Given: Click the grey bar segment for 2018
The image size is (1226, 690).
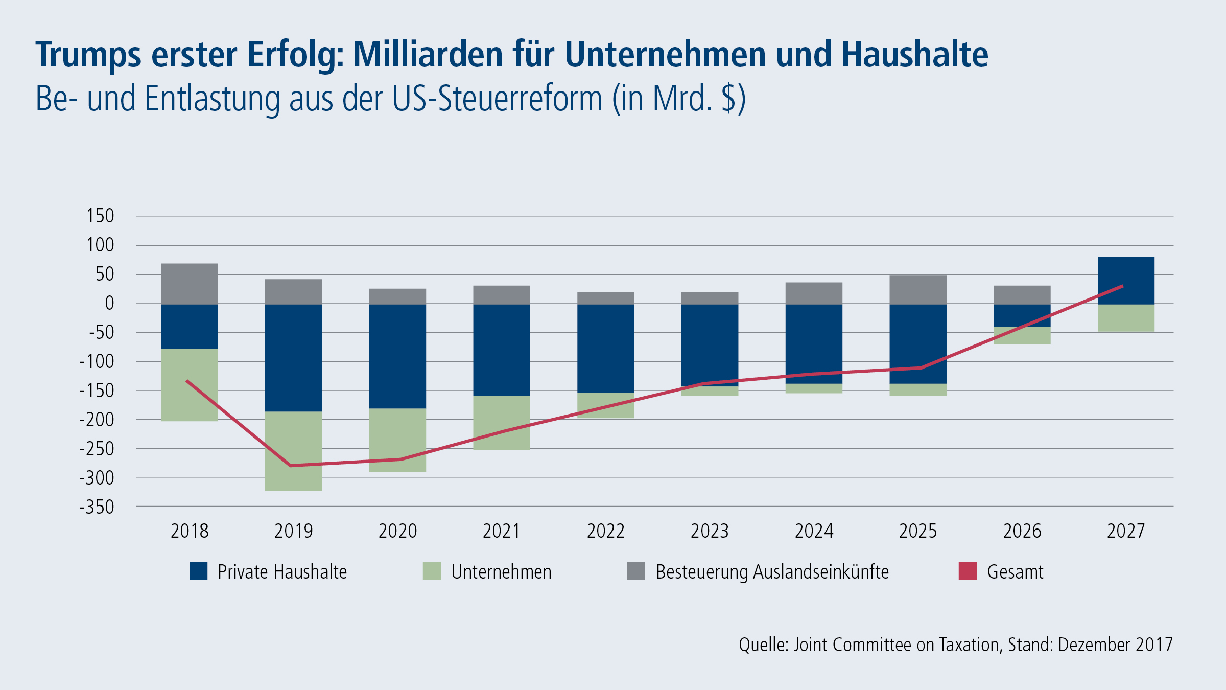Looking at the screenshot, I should (190, 284).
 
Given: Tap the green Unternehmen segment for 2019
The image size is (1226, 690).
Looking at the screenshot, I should (293, 451).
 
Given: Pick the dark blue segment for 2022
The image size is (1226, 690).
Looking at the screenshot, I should (606, 348).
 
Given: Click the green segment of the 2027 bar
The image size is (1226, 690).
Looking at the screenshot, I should (1126, 318).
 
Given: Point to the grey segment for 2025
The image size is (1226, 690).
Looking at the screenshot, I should (918, 290).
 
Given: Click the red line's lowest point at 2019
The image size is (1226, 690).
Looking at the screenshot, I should (291, 466).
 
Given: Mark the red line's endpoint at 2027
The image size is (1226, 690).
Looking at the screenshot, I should (1122, 286).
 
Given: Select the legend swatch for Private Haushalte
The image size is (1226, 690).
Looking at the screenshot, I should (198, 571).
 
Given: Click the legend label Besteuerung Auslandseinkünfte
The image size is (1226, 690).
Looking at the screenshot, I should (772, 572).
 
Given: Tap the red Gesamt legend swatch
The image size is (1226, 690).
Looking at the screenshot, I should (968, 571).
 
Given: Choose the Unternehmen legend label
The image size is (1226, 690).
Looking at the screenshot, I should (501, 572).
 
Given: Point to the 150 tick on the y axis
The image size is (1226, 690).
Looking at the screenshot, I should (101, 216).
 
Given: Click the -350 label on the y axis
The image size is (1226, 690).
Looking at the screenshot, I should (97, 508).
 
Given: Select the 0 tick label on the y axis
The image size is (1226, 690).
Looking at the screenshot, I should (109, 304).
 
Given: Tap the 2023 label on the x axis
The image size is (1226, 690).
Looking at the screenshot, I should (710, 532).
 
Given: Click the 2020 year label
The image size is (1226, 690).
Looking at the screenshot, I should (397, 532).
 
